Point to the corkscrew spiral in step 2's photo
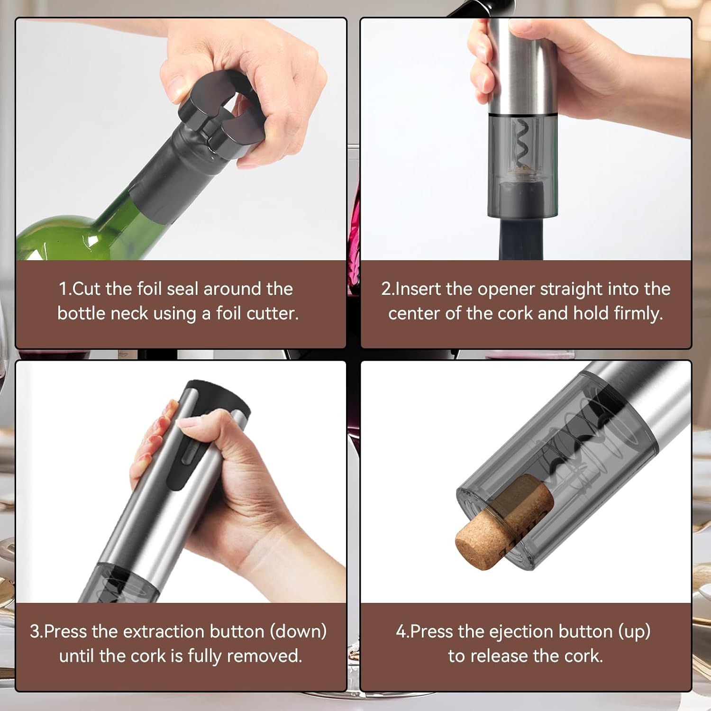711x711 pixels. [521, 142]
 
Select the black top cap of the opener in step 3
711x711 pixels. [218, 396]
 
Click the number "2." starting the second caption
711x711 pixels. [388, 289]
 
